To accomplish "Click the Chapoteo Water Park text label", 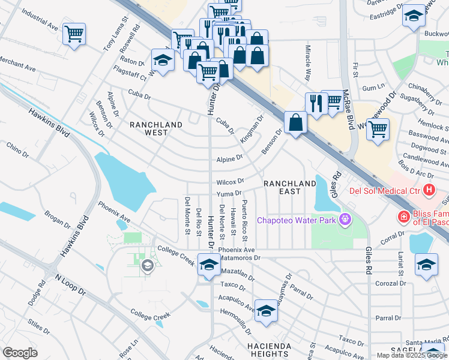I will pos(296,220).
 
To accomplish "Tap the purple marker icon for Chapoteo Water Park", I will pos(344,220).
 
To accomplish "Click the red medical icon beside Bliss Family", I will pos(404,216).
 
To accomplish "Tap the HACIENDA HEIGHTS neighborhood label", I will pos(270,350).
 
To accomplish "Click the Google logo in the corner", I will pos(20,353).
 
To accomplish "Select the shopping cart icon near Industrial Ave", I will pos(74,34).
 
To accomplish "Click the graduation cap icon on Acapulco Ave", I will pos(266,310).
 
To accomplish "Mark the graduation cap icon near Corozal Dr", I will pos(426,265).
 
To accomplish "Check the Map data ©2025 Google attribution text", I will pos(411,355).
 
